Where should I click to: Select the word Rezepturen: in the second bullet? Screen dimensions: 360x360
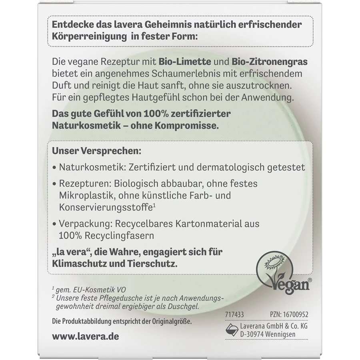click(83, 184)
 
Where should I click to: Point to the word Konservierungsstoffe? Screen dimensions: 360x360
click(104, 207)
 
